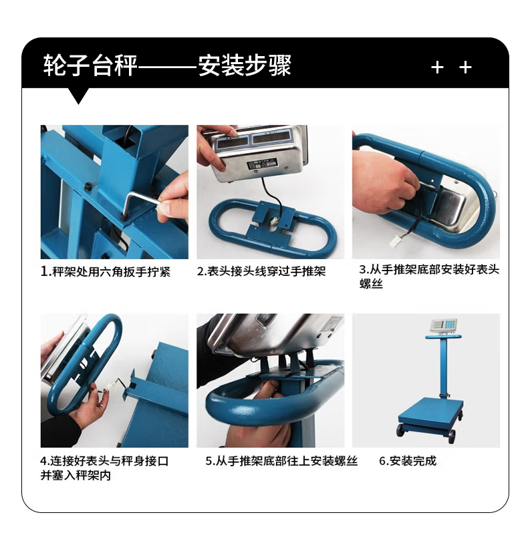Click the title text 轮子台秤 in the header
point(90,65)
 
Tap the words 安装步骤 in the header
point(245,65)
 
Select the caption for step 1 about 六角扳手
point(106,272)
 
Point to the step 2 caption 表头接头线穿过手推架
point(261,271)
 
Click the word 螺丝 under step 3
point(371,283)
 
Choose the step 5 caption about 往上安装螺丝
point(281,461)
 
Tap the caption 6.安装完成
point(408,461)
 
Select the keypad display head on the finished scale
point(444,326)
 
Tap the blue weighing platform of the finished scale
point(430,412)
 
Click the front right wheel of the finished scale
point(452,436)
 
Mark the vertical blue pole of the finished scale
point(442,368)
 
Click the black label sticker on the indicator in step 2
point(262,165)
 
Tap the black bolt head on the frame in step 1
point(88,186)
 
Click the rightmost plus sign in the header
point(465,67)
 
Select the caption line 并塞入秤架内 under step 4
point(76,475)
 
